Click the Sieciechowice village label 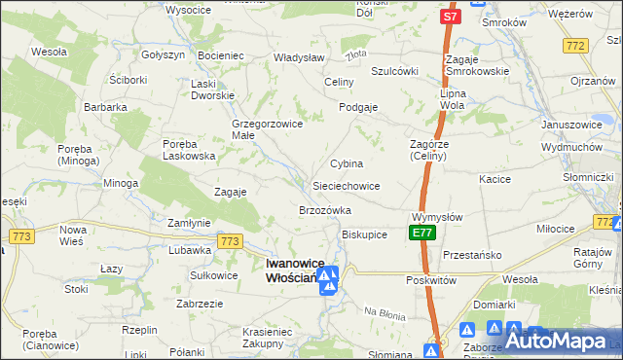tap(346, 185)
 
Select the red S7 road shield tap(449, 17)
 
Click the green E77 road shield tap(421, 234)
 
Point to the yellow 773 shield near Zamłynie tap(230, 241)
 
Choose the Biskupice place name tap(365, 234)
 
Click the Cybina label tap(347, 163)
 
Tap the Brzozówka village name tap(324, 210)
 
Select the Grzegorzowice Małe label tap(257, 129)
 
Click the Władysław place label tap(271, 57)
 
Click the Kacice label tap(495, 179)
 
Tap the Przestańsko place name tap(471, 254)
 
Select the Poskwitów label tap(431, 279)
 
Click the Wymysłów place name tap(436, 216)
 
